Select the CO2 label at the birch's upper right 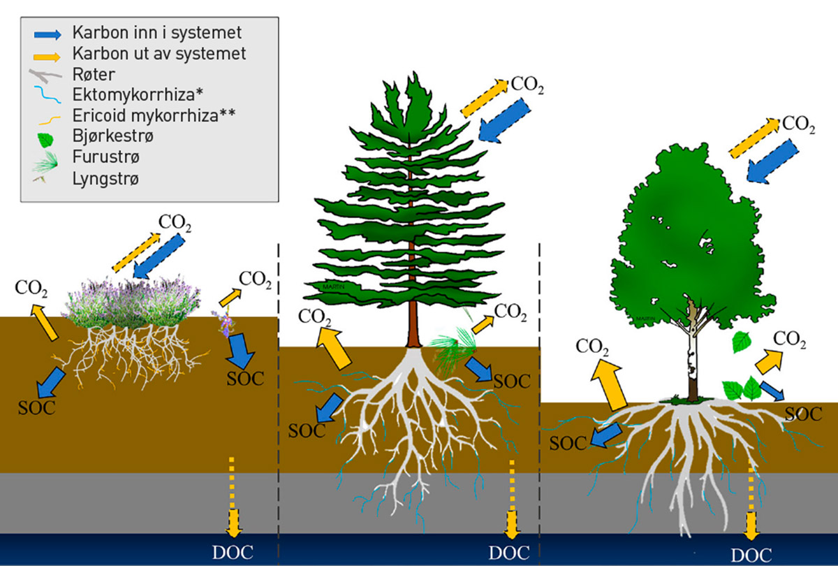click(x=797, y=124)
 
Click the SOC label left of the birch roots click(x=567, y=442)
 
